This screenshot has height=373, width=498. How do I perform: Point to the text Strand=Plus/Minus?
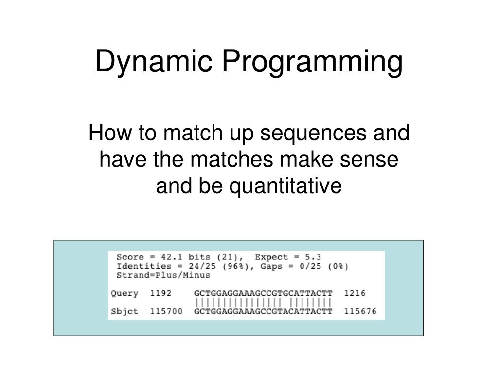[163, 275]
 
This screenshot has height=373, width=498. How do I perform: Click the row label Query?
[124, 293]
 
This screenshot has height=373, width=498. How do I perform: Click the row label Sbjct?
[124, 311]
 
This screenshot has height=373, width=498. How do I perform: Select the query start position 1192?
[161, 293]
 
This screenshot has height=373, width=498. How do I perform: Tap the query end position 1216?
[355, 293]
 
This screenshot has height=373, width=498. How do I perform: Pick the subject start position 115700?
[166, 311]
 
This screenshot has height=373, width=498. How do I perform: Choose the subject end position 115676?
[360, 311]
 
